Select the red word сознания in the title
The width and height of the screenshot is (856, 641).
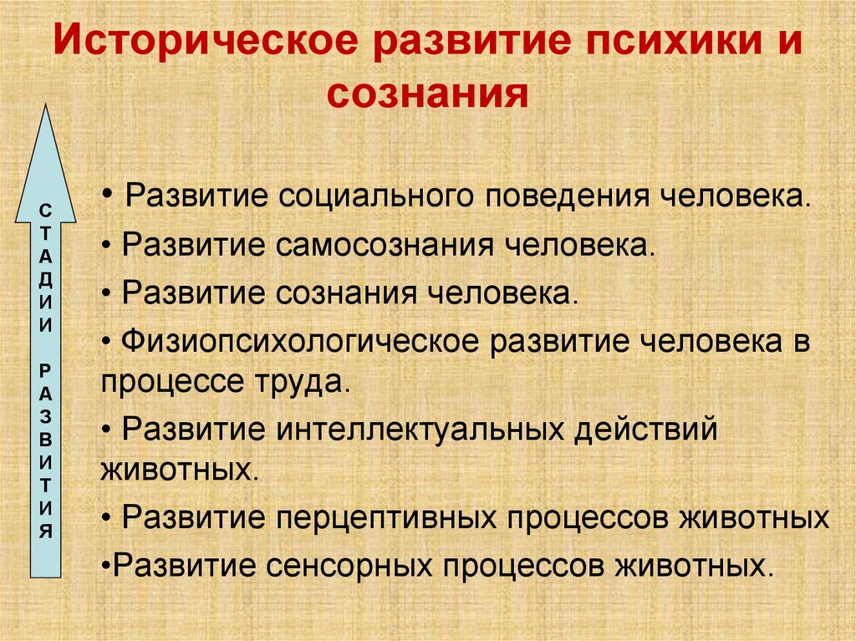tap(428, 96)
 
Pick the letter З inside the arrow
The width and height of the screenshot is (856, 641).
tap(46, 416)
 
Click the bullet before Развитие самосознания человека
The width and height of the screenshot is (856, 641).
tap(110, 248)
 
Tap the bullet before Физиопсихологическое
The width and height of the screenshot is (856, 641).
tap(110, 343)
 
